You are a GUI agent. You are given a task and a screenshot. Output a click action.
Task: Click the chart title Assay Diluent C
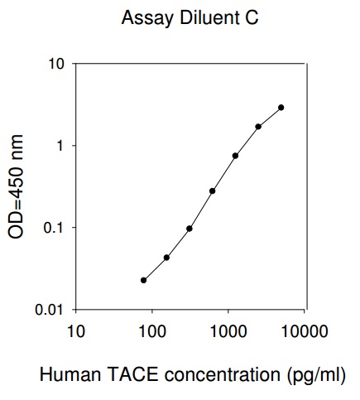click(x=190, y=17)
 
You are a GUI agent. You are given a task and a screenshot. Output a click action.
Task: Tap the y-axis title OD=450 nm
click(x=16, y=187)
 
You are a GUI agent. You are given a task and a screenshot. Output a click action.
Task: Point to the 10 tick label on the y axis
click(x=56, y=64)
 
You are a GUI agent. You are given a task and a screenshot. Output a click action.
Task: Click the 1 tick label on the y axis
click(x=60, y=146)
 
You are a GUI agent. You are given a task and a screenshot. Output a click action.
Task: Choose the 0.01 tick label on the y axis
click(x=50, y=310)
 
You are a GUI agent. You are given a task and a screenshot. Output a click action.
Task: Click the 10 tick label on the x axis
click(x=76, y=331)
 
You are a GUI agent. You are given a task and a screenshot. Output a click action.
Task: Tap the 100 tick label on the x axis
click(x=152, y=331)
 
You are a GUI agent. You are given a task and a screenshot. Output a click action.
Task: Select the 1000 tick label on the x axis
click(x=228, y=331)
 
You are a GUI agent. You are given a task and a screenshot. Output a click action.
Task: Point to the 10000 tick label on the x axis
click(x=305, y=331)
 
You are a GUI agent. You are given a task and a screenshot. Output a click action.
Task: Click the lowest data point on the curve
click(x=143, y=280)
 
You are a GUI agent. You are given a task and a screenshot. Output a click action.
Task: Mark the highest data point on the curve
click(x=281, y=108)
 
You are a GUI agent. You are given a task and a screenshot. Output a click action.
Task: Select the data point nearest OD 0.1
click(x=190, y=229)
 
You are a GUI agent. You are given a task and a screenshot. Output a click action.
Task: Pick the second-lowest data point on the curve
click(x=166, y=258)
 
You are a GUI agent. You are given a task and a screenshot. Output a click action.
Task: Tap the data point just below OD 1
click(x=235, y=156)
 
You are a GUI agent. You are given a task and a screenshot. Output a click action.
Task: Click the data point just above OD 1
click(x=258, y=127)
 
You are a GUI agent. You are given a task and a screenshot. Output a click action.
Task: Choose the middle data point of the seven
click(x=212, y=191)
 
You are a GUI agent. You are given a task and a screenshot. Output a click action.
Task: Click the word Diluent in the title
click(x=209, y=17)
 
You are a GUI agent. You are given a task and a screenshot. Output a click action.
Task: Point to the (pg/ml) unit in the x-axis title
click(x=316, y=376)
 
